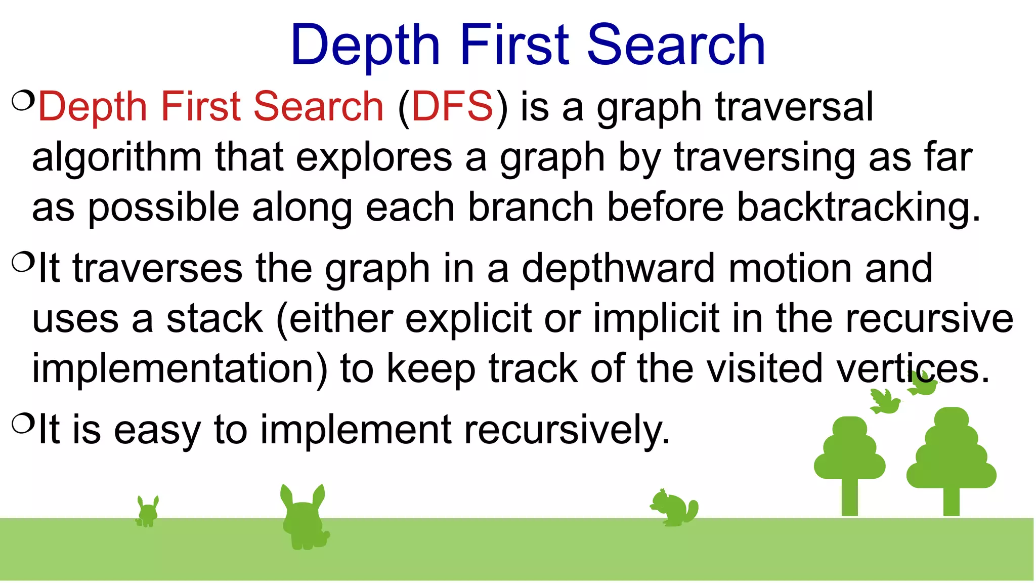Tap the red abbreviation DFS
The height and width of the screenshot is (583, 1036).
tap(452, 106)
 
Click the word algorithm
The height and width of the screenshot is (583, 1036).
tap(117, 158)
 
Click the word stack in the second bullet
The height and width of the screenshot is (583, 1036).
tap(214, 319)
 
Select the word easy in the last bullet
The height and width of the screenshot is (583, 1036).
tap(157, 430)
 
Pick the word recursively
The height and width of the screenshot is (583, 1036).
tap(567, 430)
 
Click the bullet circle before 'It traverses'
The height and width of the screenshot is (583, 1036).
tap(23, 262)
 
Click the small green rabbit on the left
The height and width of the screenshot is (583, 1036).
tap(148, 512)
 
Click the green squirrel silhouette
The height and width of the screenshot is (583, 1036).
tap(674, 508)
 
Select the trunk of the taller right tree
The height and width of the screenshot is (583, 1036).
tap(951, 501)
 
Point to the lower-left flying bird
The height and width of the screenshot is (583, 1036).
tap(885, 402)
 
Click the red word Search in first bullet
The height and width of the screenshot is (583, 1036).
tap(318, 106)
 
